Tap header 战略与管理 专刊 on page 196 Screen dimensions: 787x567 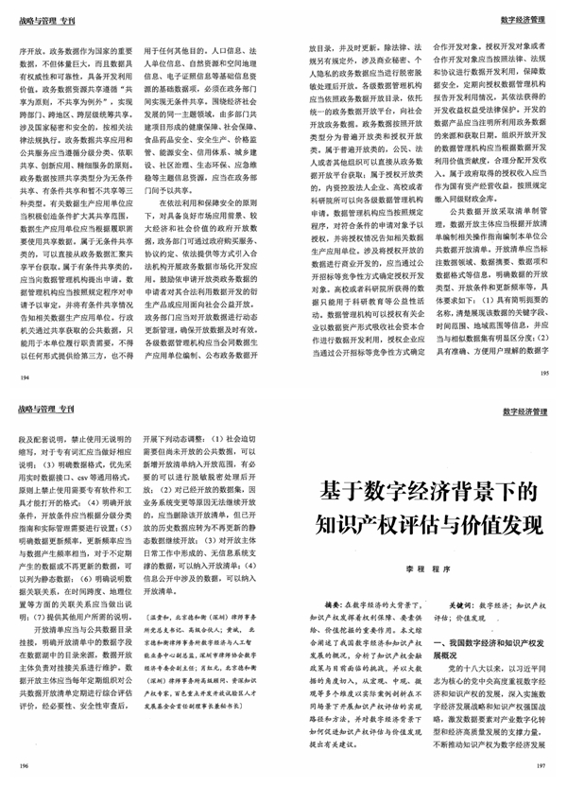[x=45, y=408]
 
